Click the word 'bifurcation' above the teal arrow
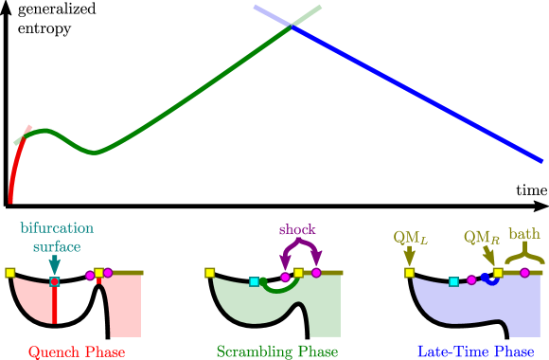point(56,229)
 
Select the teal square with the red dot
point(55,282)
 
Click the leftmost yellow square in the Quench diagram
point(10,273)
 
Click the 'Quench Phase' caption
point(77,351)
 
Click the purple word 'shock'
point(297,229)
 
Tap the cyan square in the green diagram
point(254,280)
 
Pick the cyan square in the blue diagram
point(454,281)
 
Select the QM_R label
point(481,236)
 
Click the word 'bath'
point(524,233)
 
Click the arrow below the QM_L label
point(409,256)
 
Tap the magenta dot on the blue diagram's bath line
point(524,273)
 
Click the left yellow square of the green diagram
point(210,273)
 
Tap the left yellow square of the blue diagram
point(410,273)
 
